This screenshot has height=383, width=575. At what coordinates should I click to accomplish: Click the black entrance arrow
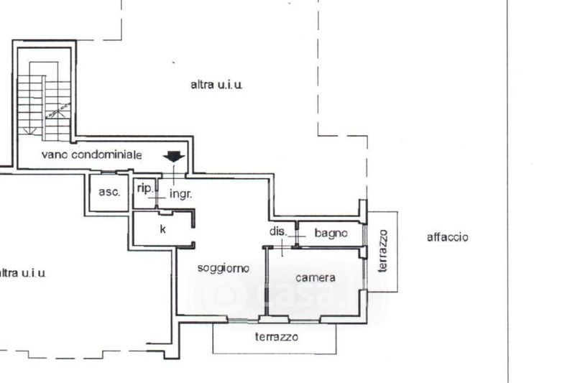point(174,157)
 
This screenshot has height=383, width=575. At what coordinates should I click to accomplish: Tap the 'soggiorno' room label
point(224,268)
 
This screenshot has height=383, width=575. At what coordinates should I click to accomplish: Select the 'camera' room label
point(316,277)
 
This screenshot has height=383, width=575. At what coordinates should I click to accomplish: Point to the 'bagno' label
point(331,233)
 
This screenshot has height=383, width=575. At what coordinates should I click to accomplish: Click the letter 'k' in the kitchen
point(163,229)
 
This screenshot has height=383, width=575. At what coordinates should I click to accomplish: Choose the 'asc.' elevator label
point(109,192)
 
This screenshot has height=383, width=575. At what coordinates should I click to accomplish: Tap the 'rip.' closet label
point(145,188)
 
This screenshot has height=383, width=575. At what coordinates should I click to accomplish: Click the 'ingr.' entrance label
point(181,194)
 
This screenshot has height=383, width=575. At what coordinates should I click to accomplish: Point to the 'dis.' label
point(277,231)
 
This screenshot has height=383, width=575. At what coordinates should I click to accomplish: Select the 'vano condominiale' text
point(92,154)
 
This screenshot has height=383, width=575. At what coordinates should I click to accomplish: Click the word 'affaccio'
point(447,237)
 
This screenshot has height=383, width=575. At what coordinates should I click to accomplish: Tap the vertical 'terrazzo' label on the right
point(383,251)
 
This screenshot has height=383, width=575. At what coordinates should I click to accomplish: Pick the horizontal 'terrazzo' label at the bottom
point(277,336)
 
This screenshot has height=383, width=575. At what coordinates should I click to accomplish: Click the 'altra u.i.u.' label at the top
point(216,85)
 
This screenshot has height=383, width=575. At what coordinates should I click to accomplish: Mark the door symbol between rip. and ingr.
point(157,194)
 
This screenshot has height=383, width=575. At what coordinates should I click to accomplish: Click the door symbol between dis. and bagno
point(297,234)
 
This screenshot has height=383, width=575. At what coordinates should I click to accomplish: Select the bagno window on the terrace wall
point(364,234)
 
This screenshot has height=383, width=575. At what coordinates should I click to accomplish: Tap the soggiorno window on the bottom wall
point(243,320)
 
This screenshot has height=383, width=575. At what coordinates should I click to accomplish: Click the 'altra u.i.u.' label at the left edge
point(23,273)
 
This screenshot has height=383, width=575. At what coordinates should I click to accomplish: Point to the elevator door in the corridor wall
point(109,172)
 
